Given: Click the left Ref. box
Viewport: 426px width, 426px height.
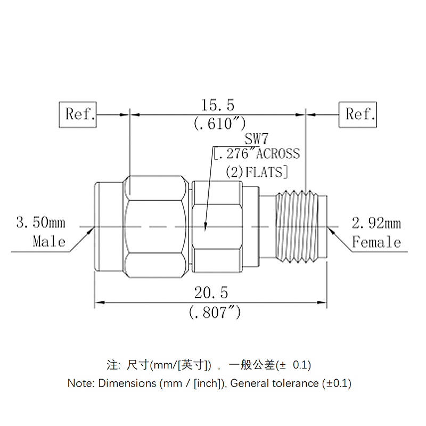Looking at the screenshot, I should coord(78,114).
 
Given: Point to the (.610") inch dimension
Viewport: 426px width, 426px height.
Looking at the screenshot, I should coord(218,124).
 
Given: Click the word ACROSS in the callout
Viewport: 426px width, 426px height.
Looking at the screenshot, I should coord(278,154).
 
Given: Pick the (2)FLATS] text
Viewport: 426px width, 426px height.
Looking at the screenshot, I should coord(257,171).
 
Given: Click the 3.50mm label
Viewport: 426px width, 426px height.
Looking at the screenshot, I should coord(40,222).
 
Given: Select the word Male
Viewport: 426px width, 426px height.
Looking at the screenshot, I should coord(49,242).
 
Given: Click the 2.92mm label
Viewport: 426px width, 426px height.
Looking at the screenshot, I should coord(376,223).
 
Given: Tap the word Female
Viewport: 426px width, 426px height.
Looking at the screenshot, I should coord(376,242).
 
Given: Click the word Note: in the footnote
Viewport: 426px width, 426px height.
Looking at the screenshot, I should coord(81,383).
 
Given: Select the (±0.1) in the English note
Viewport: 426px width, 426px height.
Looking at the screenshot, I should coord(336,383).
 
